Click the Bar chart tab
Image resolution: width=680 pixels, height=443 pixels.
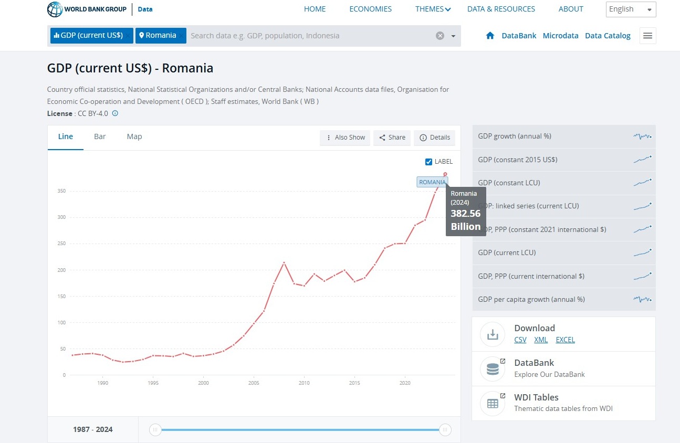point(100,136)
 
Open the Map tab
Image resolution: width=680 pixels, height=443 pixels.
point(134,136)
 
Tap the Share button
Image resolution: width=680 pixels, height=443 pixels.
point(392,138)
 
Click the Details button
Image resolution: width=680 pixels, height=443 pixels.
point(435,138)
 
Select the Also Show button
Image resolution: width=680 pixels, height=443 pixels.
point(345,138)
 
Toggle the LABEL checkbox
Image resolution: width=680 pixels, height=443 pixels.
point(429,162)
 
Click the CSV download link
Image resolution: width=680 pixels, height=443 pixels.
point(520,340)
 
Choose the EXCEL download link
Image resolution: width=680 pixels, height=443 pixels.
point(565,340)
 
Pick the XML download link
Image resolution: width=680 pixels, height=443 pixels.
point(541,340)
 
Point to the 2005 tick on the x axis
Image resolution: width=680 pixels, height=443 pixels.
point(254,383)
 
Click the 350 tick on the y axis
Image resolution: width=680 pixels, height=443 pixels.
point(61,191)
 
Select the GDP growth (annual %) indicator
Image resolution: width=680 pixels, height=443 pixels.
point(564,136)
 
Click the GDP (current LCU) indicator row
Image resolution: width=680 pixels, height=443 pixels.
point(564,253)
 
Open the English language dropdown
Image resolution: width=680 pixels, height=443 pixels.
point(631,9)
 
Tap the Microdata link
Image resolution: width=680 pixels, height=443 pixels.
point(560,36)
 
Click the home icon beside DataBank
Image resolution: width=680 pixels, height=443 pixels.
point(490,36)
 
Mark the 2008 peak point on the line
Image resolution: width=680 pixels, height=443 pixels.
point(284,262)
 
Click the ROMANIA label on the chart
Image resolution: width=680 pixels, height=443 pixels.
point(432,182)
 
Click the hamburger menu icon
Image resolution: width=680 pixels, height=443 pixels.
point(647,36)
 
